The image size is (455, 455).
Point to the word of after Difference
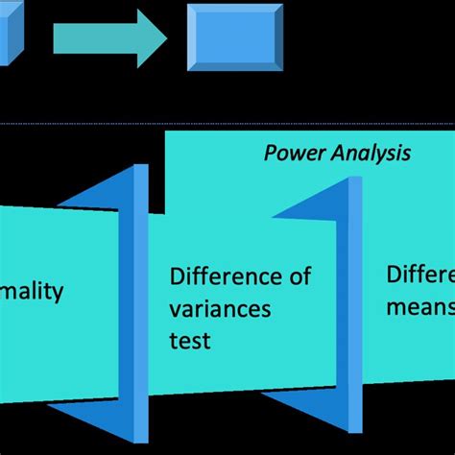click(x=300, y=278)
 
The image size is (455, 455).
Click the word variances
click(x=220, y=309)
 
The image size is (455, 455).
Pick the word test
click(x=190, y=340)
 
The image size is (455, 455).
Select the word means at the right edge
click(x=419, y=307)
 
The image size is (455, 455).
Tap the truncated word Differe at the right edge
click(x=420, y=275)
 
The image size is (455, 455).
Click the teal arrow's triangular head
click(x=154, y=37)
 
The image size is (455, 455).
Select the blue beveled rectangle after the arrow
click(x=234, y=36)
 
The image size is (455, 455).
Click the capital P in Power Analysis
click(x=270, y=153)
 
